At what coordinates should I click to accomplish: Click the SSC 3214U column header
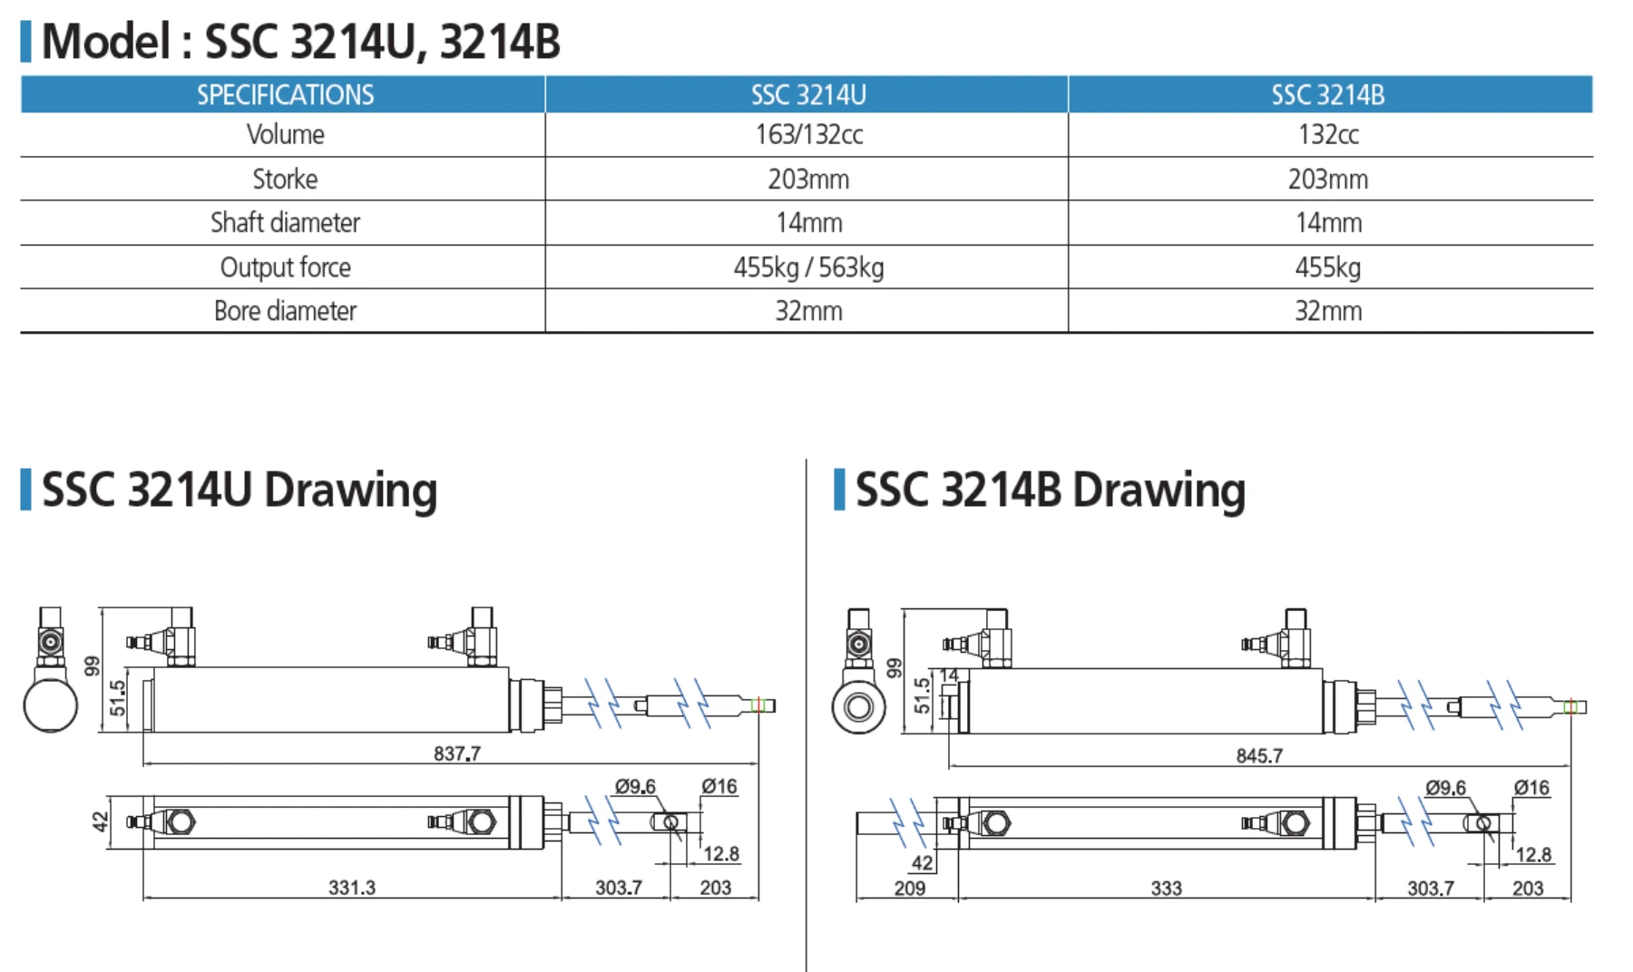point(807,94)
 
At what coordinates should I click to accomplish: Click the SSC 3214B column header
point(1328,94)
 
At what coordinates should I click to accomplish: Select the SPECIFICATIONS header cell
point(286,94)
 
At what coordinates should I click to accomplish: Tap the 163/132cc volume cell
point(808,134)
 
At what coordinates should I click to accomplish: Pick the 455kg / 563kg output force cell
point(808,267)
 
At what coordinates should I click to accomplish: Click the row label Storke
point(285,179)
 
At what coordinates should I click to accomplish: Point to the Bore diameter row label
point(285,311)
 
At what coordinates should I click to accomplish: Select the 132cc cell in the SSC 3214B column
point(1328,134)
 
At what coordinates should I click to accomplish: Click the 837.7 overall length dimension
point(457,753)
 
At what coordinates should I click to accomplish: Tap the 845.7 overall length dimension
point(1259,755)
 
